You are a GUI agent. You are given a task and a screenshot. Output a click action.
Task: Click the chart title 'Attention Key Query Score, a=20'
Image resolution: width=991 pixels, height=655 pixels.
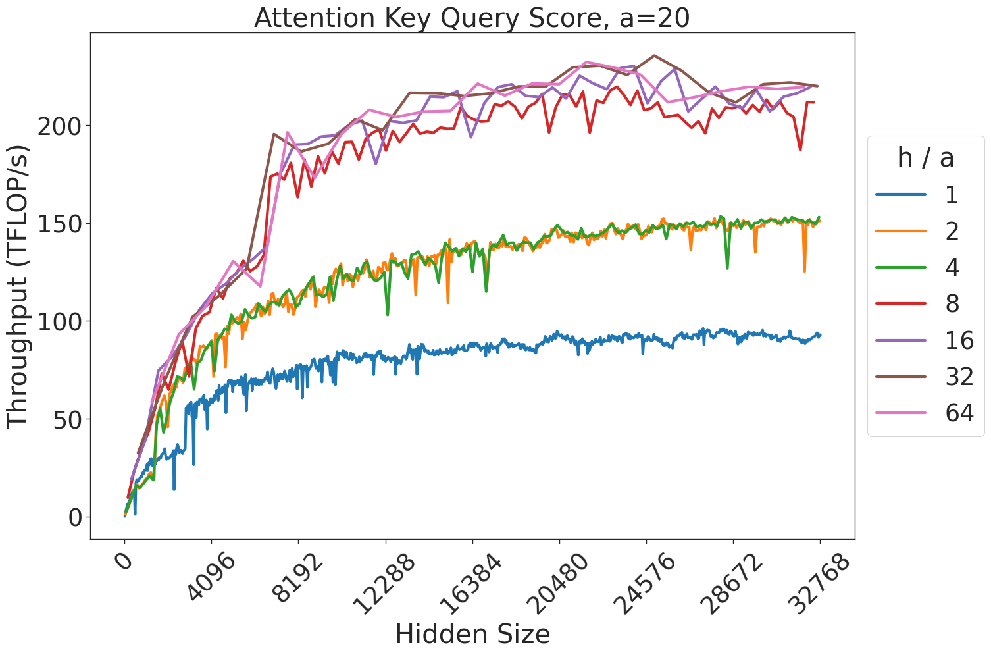pos(472,17)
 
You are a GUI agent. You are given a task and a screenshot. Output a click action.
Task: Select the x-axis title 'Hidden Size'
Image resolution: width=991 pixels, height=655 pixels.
pos(472,635)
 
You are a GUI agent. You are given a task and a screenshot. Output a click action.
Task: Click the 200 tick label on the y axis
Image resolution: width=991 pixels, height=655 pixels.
pos(59,126)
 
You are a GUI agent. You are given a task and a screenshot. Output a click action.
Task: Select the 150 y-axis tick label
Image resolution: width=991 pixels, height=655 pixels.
pos(59,224)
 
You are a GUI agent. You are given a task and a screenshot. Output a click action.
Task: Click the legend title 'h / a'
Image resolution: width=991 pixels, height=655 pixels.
pos(926,158)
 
